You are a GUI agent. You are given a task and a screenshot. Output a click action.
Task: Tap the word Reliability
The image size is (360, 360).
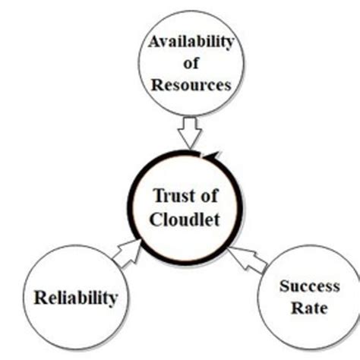tap(76, 297)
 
